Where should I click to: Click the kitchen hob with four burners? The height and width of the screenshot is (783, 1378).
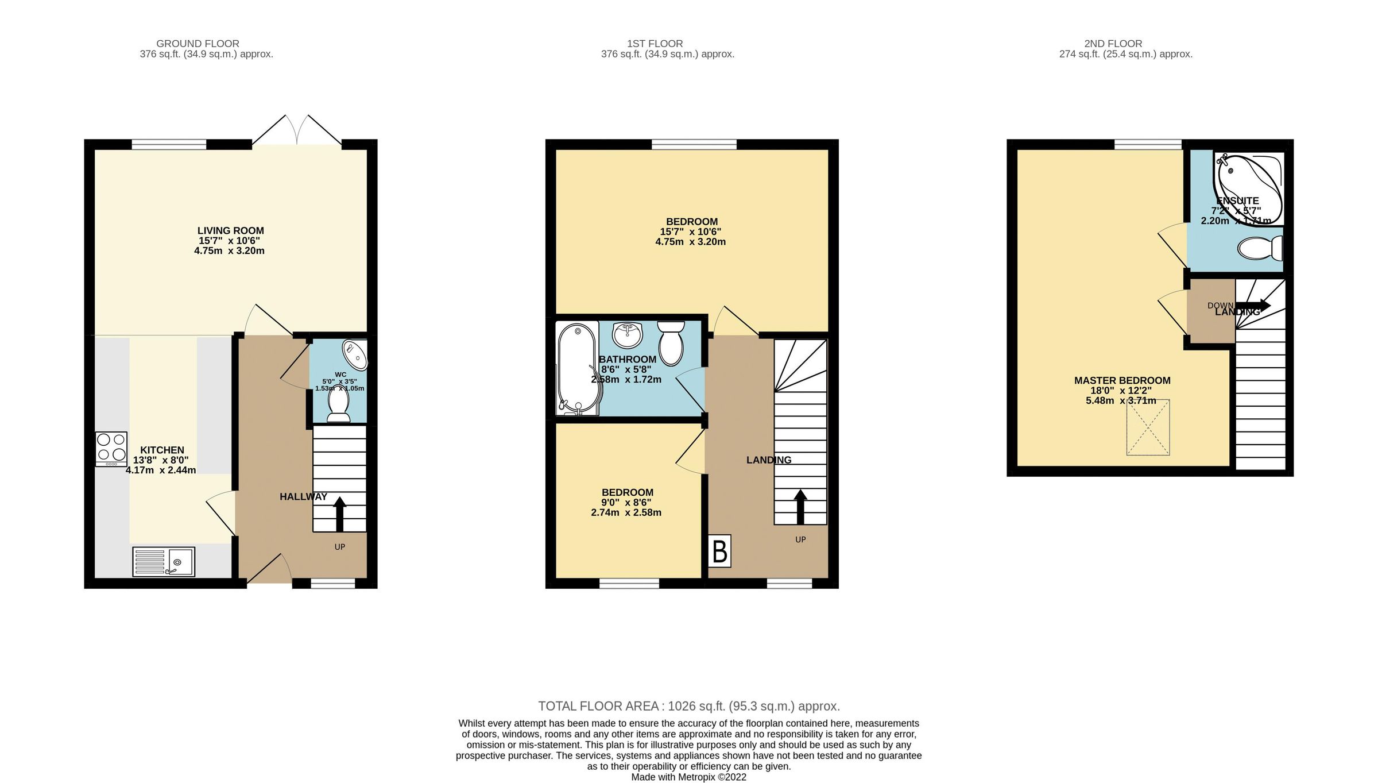pyautogui.click(x=111, y=449)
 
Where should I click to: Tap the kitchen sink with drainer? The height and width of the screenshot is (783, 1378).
pyautogui.click(x=164, y=561)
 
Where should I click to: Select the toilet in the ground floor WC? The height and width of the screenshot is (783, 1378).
pyautogui.click(x=338, y=405)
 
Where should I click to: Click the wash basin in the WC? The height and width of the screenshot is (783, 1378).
pyautogui.click(x=355, y=355)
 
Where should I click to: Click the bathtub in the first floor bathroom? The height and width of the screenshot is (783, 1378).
pyautogui.click(x=578, y=368)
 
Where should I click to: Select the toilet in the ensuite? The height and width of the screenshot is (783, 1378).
pyautogui.click(x=1261, y=248)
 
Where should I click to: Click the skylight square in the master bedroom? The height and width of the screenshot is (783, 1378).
pyautogui.click(x=1148, y=427)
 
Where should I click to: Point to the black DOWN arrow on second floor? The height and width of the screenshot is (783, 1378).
pyautogui.click(x=1253, y=305)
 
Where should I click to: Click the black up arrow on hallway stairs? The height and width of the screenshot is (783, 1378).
pyautogui.click(x=339, y=514)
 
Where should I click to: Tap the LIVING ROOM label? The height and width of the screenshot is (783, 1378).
pyautogui.click(x=230, y=230)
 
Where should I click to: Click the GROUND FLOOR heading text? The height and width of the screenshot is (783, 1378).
pyautogui.click(x=198, y=44)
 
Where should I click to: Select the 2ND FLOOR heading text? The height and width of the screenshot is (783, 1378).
pyautogui.click(x=1113, y=44)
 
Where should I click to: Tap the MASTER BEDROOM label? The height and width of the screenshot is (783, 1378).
pyautogui.click(x=1122, y=380)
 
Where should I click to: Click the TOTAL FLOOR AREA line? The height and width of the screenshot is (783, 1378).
pyautogui.click(x=688, y=706)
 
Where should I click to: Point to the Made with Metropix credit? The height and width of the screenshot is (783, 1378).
pyautogui.click(x=688, y=777)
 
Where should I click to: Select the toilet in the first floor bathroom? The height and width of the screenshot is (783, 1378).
pyautogui.click(x=671, y=344)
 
